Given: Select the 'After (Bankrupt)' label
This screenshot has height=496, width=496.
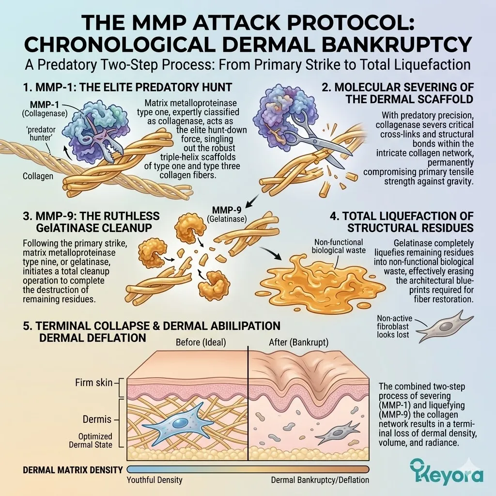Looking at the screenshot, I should tap(298, 342).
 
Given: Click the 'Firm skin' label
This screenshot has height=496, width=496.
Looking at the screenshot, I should tap(94, 383).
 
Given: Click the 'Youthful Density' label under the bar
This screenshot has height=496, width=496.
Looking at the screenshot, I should tap(155, 480).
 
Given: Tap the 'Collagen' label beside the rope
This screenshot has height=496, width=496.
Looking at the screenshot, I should tap(38, 176).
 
